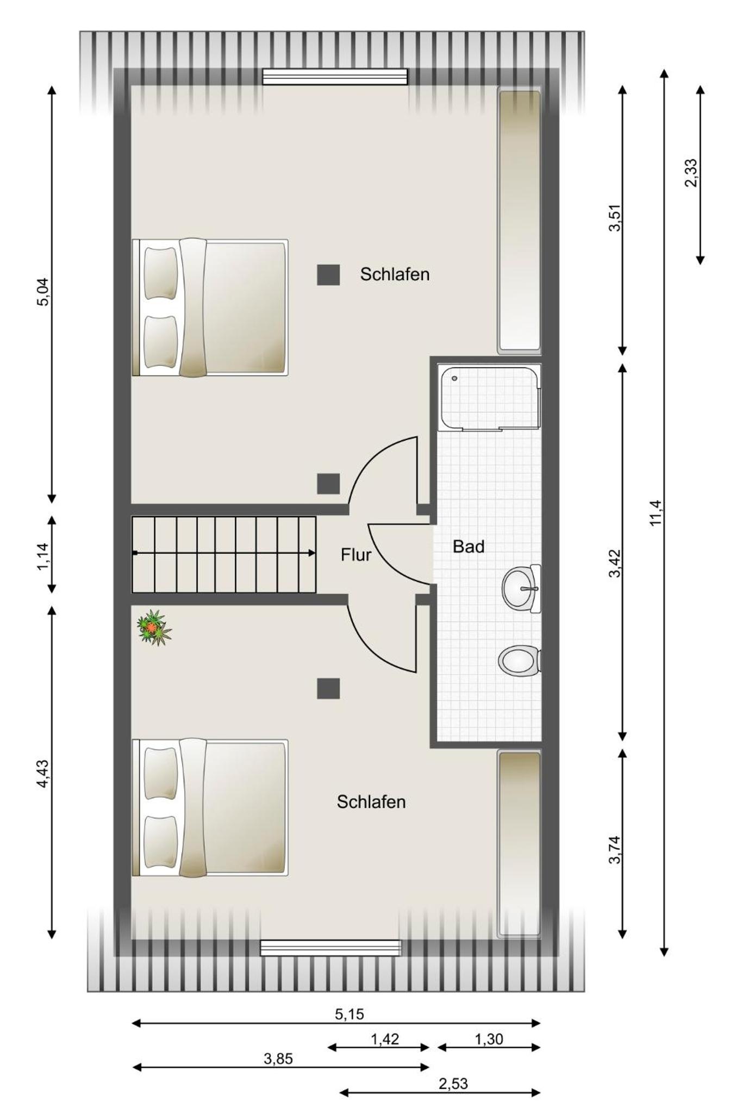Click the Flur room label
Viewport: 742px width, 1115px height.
pyautogui.click(x=356, y=555)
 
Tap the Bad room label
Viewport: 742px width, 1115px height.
pyautogui.click(x=468, y=547)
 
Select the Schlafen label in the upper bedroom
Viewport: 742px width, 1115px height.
pyautogui.click(x=395, y=274)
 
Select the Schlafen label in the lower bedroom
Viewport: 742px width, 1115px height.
pyautogui.click(x=371, y=802)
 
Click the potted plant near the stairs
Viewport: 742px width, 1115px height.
pyautogui.click(x=154, y=628)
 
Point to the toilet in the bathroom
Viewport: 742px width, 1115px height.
pyautogui.click(x=519, y=661)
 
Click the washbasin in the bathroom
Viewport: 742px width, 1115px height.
pyautogui.click(x=521, y=588)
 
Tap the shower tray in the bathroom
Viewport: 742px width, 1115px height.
pyautogui.click(x=490, y=399)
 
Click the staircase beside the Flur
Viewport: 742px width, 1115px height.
pyautogui.click(x=224, y=554)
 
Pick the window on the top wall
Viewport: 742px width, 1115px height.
pyautogui.click(x=335, y=77)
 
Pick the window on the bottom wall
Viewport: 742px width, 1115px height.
pyautogui.click(x=331, y=948)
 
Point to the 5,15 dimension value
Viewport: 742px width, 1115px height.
pyautogui.click(x=349, y=1014)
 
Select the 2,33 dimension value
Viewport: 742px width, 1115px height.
pyautogui.click(x=690, y=173)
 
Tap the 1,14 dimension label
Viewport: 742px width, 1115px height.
pyautogui.click(x=43, y=556)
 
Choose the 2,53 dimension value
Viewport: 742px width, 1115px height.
pyautogui.click(x=453, y=1083)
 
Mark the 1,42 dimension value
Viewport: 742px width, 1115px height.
pyautogui.click(x=385, y=1039)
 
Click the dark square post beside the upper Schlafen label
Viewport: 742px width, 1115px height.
pyautogui.click(x=328, y=275)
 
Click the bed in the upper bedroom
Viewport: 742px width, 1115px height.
pyautogui.click(x=210, y=308)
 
